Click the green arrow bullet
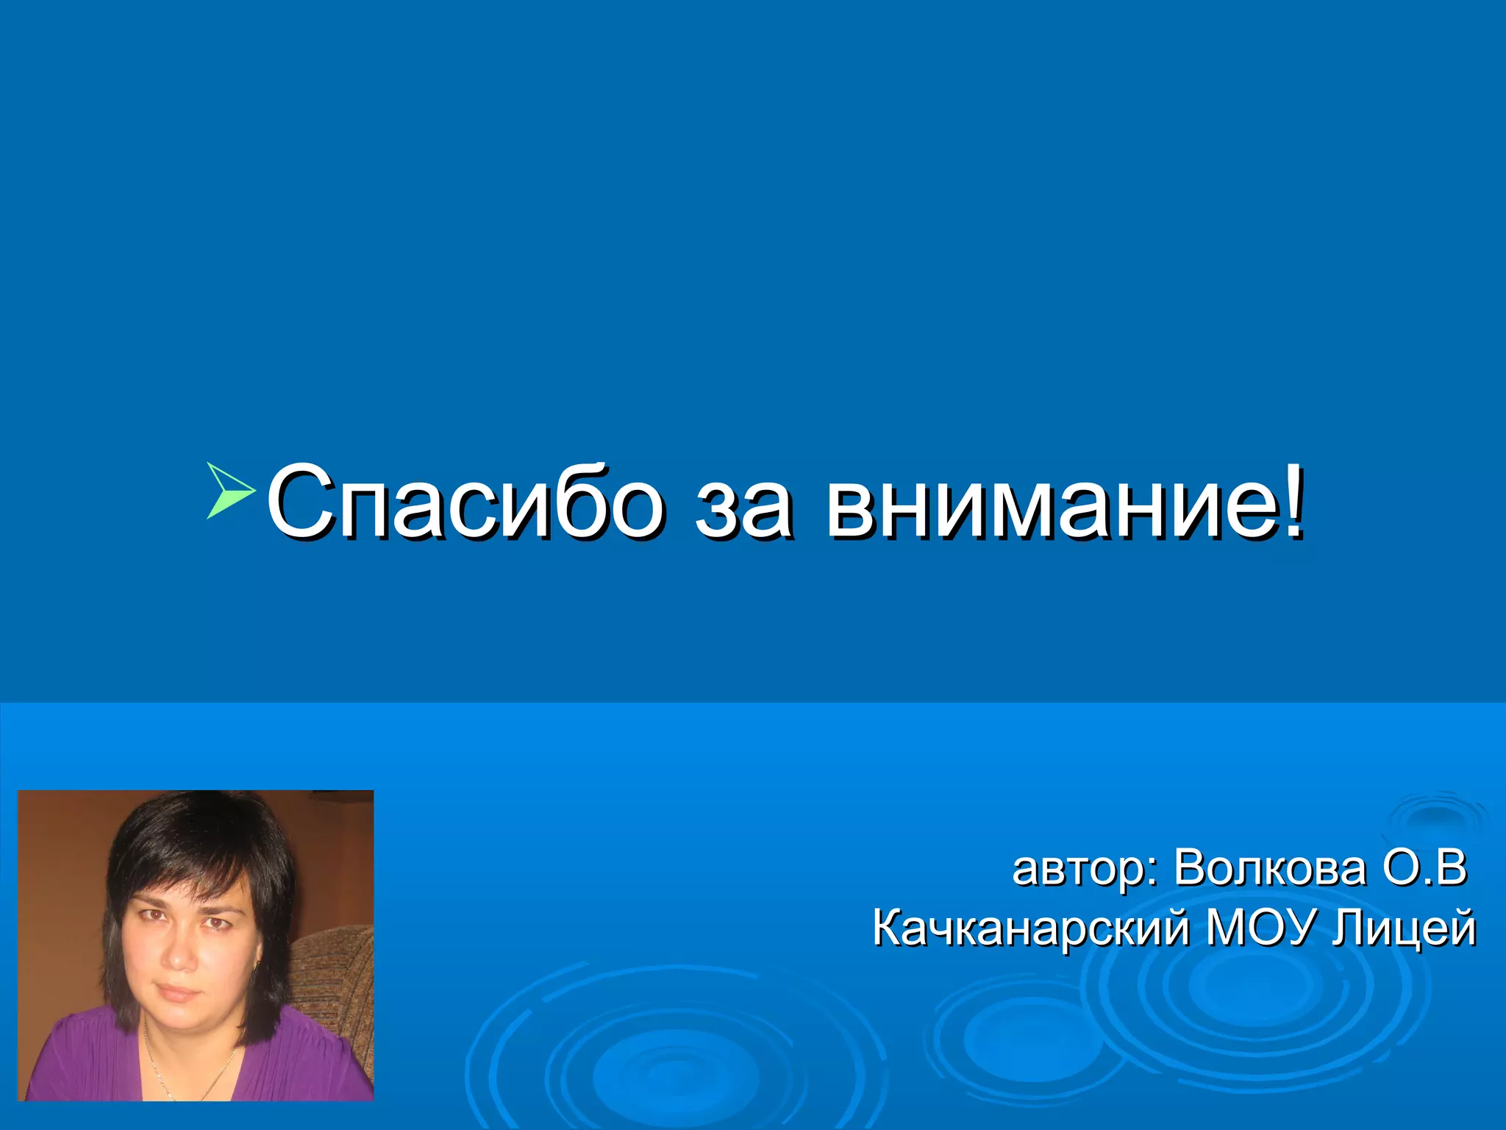tap(230, 491)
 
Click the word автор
tap(1077, 870)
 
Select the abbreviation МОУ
tap(1258, 928)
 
